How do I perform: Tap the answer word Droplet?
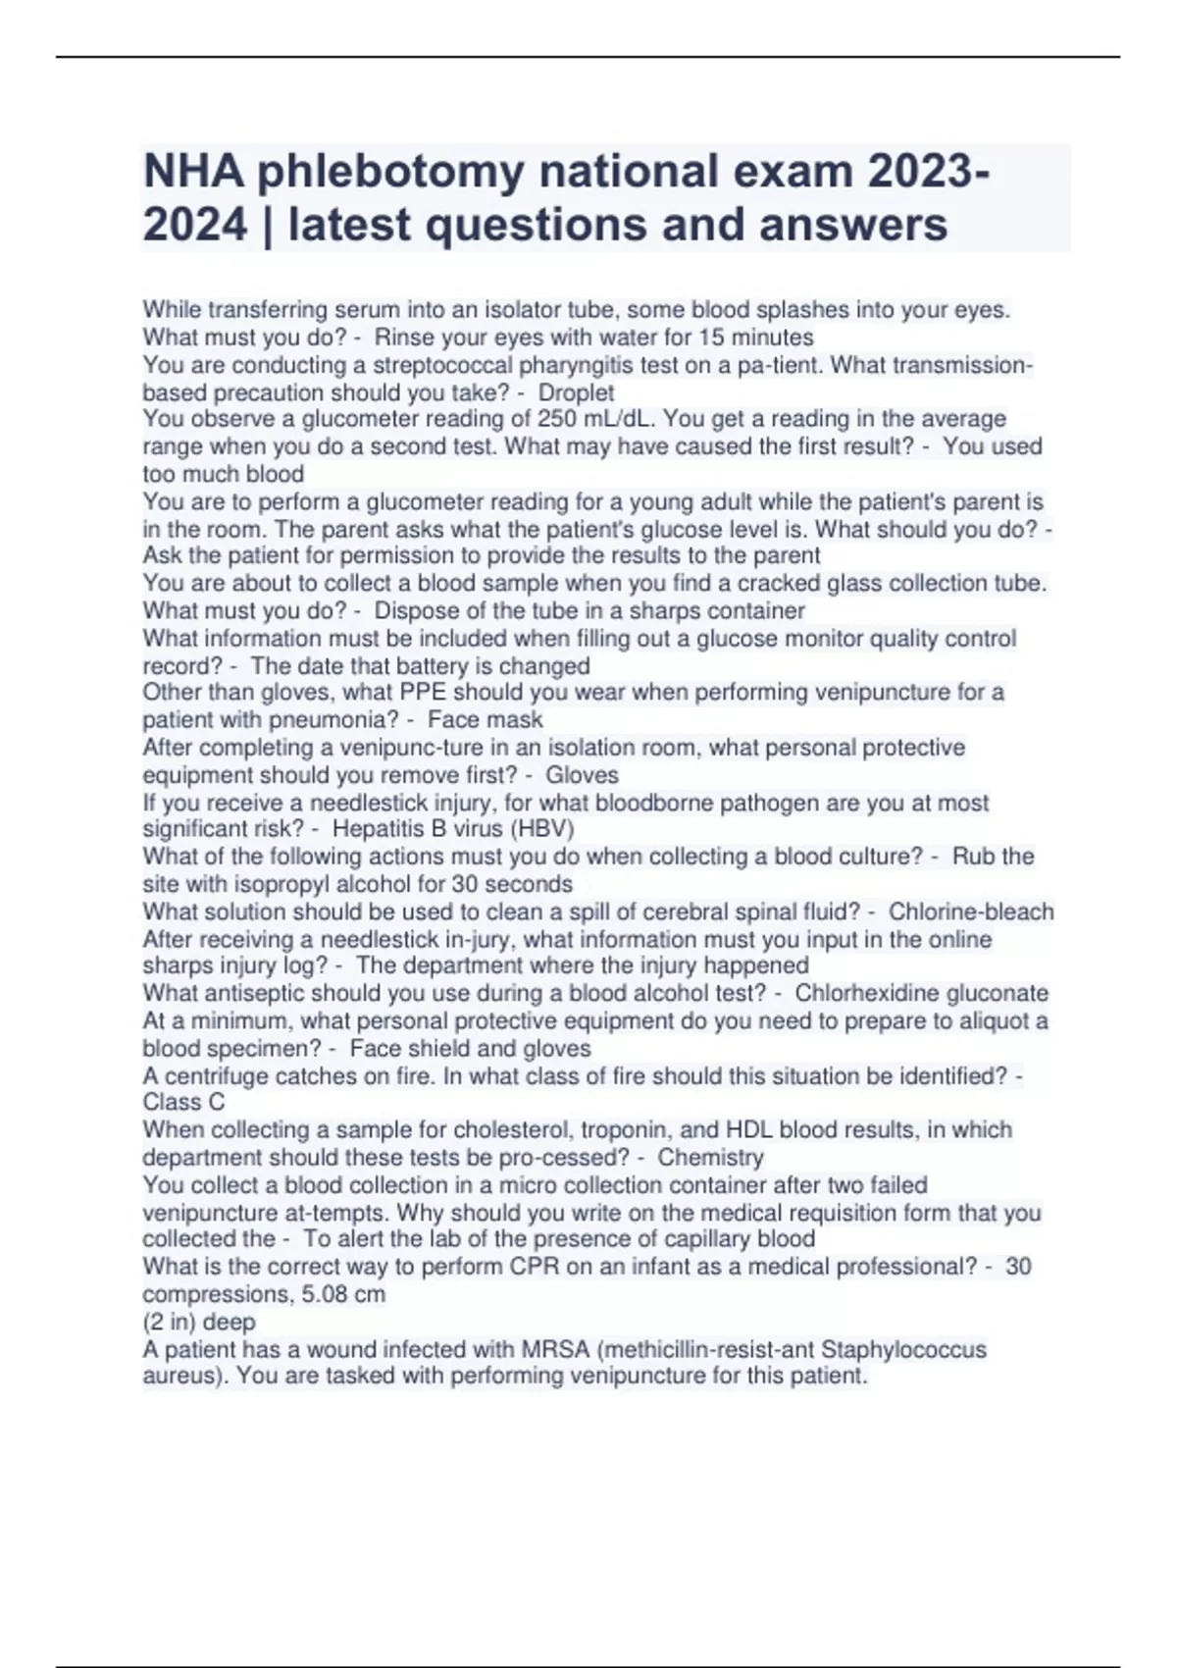pyautogui.click(x=576, y=392)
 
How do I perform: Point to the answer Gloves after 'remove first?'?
pyautogui.click(x=582, y=775)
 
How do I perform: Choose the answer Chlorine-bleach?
pyautogui.click(x=970, y=912)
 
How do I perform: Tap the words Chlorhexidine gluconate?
pyautogui.click(x=921, y=993)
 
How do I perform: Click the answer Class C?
pyautogui.click(x=183, y=1102)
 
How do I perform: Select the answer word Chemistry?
pyautogui.click(x=710, y=1158)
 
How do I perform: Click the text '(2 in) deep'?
pyautogui.click(x=199, y=1322)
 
